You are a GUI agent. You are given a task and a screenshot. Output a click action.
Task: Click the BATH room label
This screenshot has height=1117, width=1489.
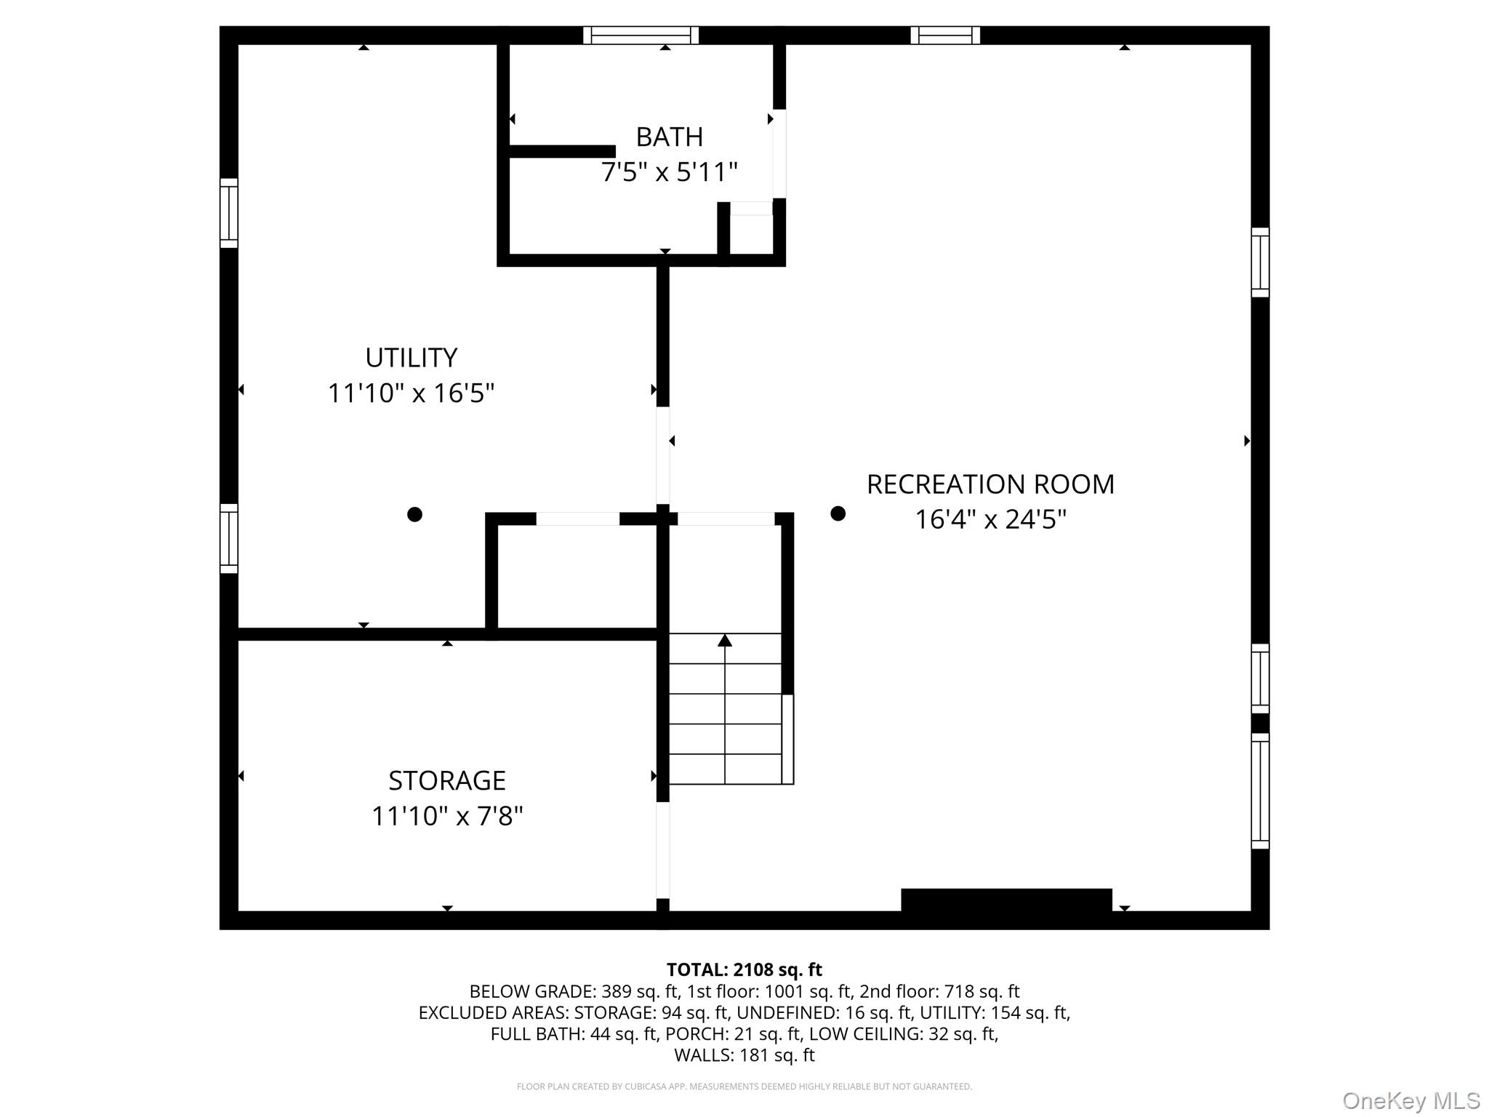tap(669, 137)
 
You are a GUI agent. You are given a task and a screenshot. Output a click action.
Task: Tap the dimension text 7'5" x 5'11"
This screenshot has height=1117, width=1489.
tap(669, 172)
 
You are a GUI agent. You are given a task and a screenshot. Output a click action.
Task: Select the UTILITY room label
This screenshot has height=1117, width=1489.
tap(411, 358)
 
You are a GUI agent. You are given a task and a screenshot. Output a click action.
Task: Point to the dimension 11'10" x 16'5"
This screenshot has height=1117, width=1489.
tap(411, 393)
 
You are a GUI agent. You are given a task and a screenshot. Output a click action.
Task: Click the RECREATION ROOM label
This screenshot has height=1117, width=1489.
tap(990, 484)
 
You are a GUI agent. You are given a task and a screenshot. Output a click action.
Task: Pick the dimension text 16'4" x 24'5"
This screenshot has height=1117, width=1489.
tap(990, 520)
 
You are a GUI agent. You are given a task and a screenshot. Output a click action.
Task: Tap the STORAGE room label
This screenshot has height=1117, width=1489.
tap(446, 780)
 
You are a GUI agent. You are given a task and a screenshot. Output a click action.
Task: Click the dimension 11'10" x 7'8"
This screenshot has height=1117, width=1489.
tap(446, 816)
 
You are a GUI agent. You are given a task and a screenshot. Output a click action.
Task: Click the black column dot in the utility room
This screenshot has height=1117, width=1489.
tap(414, 514)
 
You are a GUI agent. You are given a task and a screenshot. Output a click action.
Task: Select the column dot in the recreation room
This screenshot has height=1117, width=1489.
tap(838, 513)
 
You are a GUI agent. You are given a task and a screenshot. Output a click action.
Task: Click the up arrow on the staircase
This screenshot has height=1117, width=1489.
tap(725, 641)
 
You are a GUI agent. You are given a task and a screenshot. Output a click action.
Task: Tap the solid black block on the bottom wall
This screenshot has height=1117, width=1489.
tap(1006, 900)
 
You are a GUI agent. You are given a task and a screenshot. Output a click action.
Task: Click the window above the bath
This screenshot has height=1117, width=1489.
tap(641, 35)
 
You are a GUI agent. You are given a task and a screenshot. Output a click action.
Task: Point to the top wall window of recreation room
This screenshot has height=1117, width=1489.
tap(944, 35)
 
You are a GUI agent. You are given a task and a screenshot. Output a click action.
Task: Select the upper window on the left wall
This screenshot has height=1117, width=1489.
tap(228, 213)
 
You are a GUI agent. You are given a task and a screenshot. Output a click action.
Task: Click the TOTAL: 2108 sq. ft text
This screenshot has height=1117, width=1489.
tap(744, 969)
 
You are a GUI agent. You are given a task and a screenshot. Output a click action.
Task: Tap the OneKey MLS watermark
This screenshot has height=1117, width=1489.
tap(1410, 1100)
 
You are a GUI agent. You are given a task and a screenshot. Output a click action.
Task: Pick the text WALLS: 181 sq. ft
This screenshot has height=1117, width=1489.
tap(744, 1054)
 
